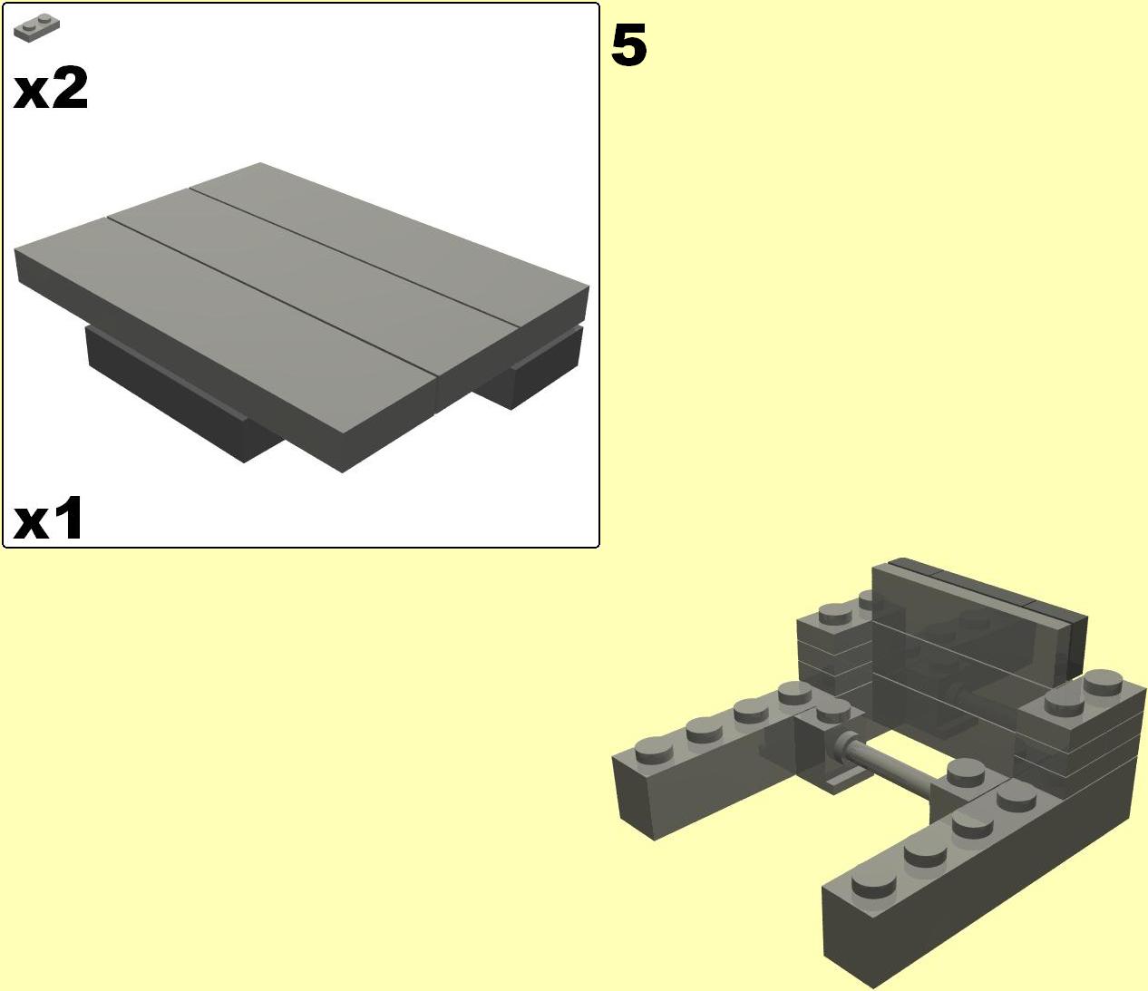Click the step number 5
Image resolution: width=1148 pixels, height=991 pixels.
pyautogui.click(x=628, y=45)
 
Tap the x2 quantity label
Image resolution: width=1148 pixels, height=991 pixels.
pyautogui.click(x=50, y=88)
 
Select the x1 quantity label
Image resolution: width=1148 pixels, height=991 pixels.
pyautogui.click(x=48, y=518)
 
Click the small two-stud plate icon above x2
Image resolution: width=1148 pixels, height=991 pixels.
pyautogui.click(x=36, y=28)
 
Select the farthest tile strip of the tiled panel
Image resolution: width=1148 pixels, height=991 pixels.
pyautogui.click(x=389, y=245)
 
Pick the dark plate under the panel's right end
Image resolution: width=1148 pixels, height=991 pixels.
pyautogui.click(x=533, y=366)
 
